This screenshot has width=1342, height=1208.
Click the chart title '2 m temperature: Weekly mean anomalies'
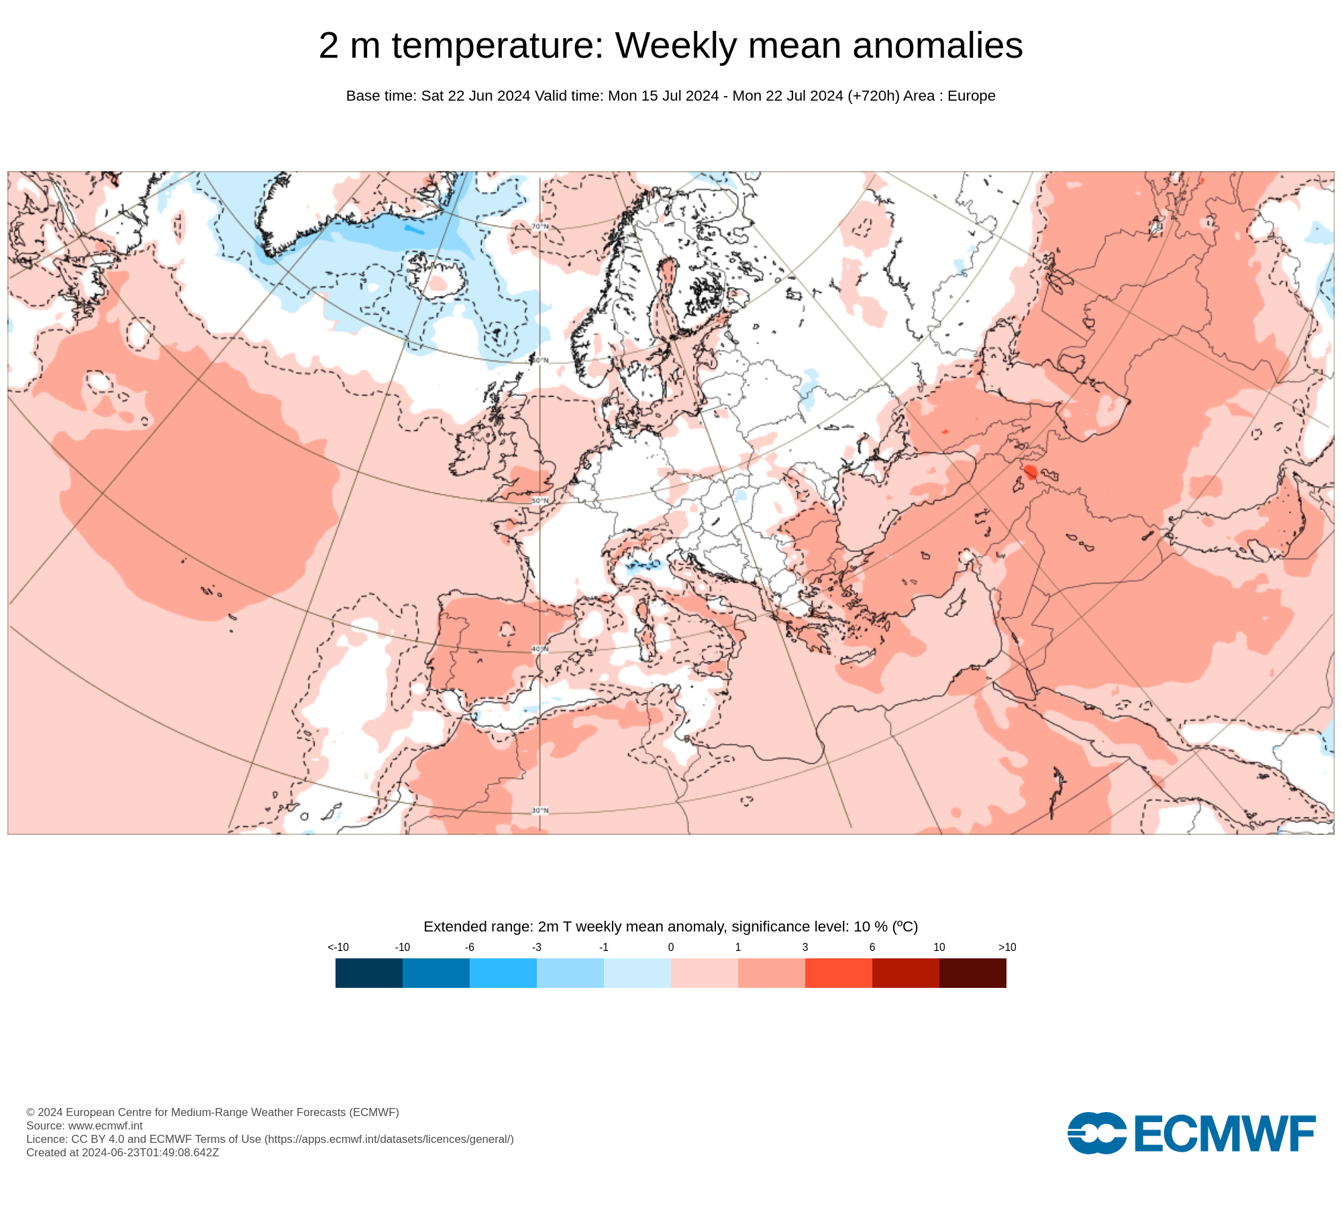670,46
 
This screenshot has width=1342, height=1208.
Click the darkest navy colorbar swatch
368,972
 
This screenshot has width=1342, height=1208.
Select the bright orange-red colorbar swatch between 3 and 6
838,972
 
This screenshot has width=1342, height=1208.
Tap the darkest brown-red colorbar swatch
972,972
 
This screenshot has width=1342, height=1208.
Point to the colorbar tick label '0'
671,947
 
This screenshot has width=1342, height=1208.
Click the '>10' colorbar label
1007,947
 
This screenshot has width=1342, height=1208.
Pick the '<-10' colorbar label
338,947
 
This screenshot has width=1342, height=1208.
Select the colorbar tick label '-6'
470,947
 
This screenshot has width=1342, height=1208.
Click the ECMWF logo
1191,1134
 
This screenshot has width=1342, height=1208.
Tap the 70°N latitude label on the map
540,227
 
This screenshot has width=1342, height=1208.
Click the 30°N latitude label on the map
540,811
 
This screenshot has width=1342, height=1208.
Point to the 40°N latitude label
540,650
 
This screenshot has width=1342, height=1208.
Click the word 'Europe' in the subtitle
971,96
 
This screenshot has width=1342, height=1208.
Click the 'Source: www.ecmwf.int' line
85,1125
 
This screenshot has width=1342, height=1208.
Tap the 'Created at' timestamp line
123,1152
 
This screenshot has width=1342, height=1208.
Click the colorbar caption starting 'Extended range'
670,927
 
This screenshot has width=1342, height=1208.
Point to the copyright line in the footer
213,1112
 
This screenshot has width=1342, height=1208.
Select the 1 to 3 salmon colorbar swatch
771,972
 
